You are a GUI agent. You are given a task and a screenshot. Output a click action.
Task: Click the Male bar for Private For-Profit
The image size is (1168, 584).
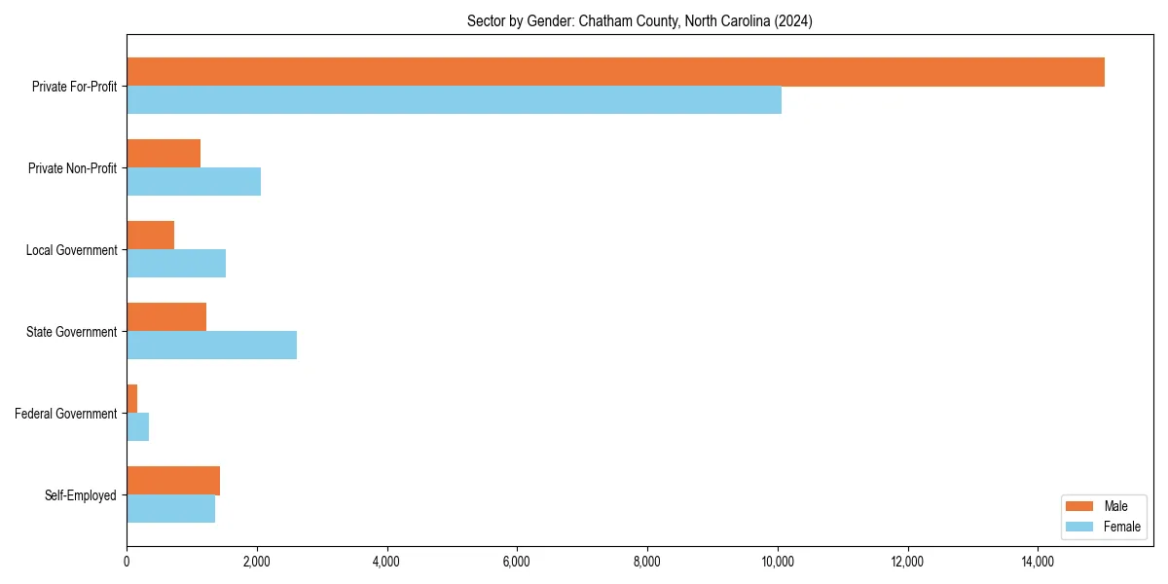[615, 72]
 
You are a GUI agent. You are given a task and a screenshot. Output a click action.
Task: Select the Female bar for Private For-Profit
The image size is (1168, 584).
[454, 100]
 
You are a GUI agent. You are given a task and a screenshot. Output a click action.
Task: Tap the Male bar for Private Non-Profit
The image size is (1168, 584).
[164, 154]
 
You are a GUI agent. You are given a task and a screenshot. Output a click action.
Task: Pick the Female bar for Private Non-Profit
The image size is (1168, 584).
[194, 182]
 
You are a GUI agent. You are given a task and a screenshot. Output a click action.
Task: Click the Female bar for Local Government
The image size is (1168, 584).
[176, 264]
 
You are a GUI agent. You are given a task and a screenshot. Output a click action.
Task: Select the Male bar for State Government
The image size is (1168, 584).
[166, 317]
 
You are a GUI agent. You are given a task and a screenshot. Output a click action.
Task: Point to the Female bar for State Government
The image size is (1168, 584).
[211, 346]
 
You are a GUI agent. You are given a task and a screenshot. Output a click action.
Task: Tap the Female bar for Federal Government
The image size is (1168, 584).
[137, 427]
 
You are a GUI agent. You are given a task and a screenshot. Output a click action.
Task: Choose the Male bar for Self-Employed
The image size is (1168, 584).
[173, 481]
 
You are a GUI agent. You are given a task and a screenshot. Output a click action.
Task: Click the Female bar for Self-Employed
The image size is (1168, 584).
[170, 509]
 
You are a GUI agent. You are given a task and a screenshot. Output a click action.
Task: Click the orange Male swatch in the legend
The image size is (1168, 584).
[1080, 506]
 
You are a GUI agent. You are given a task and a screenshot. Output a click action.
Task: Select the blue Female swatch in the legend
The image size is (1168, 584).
[1080, 527]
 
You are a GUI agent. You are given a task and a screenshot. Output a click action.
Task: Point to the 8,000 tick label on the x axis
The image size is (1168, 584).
[647, 562]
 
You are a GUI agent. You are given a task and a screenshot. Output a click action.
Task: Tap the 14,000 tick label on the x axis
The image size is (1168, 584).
[1038, 562]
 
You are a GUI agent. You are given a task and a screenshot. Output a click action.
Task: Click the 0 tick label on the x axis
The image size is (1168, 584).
[127, 562]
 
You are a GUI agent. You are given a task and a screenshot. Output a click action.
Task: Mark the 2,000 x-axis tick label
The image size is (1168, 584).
[257, 562]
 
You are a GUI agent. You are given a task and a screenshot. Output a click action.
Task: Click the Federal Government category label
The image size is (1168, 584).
[66, 414]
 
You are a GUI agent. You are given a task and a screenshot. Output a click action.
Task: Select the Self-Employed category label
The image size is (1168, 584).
[81, 495]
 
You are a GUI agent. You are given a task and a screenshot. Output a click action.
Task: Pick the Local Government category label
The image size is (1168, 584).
[72, 250]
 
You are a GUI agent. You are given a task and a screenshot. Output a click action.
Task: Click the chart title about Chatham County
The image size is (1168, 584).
[639, 20]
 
